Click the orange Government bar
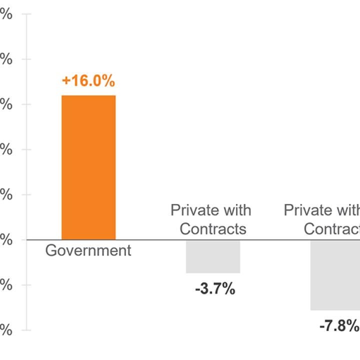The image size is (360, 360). pos(88,167)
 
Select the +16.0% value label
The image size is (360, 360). pos(88,81)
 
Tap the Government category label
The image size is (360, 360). pos(88,250)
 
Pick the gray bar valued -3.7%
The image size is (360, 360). pos(213,256)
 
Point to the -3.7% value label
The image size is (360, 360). pos(215,289)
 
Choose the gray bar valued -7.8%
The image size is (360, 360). pos(335,275)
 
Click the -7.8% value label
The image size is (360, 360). pos(339,326)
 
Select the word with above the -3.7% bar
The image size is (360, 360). pos(236,210)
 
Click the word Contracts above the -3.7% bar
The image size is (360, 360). pos(213,229)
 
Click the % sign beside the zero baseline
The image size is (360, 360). pos(6,240)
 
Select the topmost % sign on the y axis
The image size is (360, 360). pos(6,14)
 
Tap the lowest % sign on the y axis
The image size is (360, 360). pos(6,330)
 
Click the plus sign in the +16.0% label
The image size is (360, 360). pos(66,81)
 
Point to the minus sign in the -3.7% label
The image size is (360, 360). pos(198,289)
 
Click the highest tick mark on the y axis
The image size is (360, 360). pos(26,14)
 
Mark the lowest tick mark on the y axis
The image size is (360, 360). pos(26,330)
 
